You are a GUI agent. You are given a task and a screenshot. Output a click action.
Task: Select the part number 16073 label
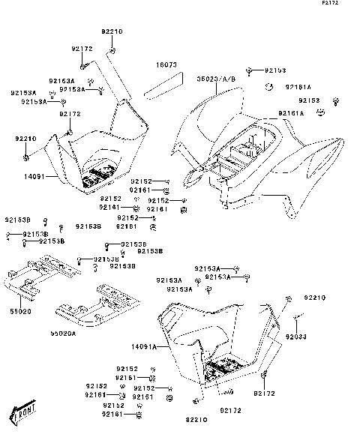(x=166, y=65)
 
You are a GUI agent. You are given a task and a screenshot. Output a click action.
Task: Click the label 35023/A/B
(x=217, y=78)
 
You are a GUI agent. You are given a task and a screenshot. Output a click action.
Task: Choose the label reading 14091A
(x=144, y=347)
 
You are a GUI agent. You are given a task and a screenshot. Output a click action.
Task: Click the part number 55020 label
(x=20, y=310)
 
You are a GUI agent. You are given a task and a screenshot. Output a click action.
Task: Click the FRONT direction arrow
(x=25, y=411)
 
